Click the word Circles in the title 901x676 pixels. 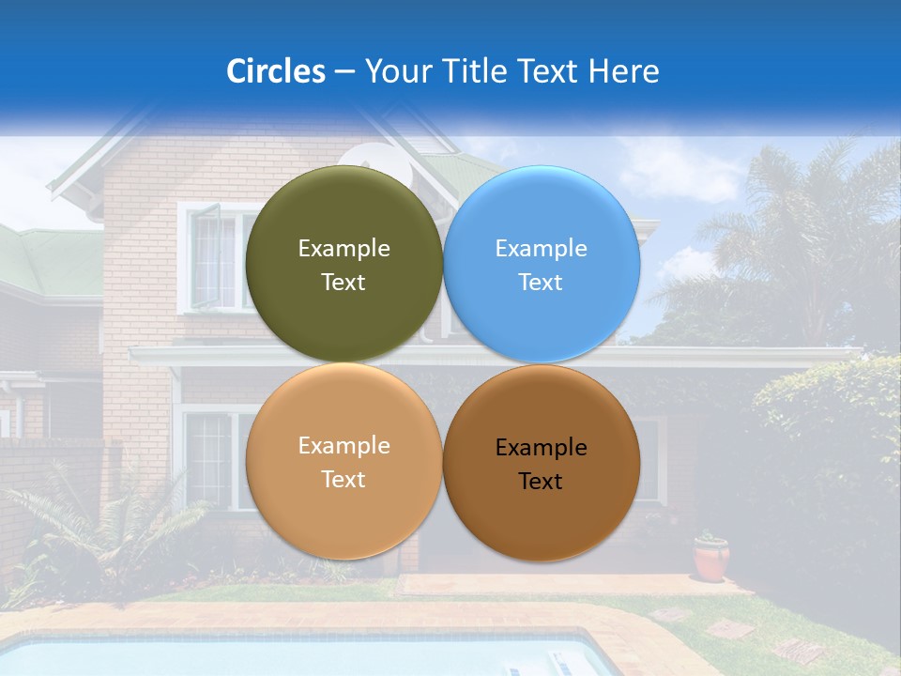pos(276,71)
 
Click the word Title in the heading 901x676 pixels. pos(475,71)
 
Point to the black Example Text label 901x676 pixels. pos(541,465)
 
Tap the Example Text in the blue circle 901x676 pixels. pos(541,265)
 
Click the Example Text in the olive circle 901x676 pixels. pos(344,265)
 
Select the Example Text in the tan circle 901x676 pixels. pos(344,462)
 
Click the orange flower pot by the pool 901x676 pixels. pos(711,559)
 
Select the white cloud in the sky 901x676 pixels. pos(676,169)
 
